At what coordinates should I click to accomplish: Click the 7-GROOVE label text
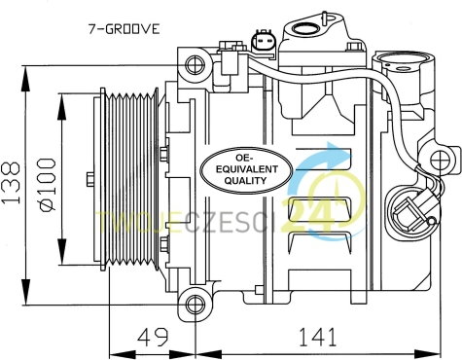pos(124,29)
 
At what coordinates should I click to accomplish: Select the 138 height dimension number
pos(12,183)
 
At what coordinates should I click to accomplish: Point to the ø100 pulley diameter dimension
pos(47,185)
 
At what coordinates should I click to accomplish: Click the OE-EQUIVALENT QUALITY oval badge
pos(246,170)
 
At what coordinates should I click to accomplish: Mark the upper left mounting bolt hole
pos(195,65)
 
